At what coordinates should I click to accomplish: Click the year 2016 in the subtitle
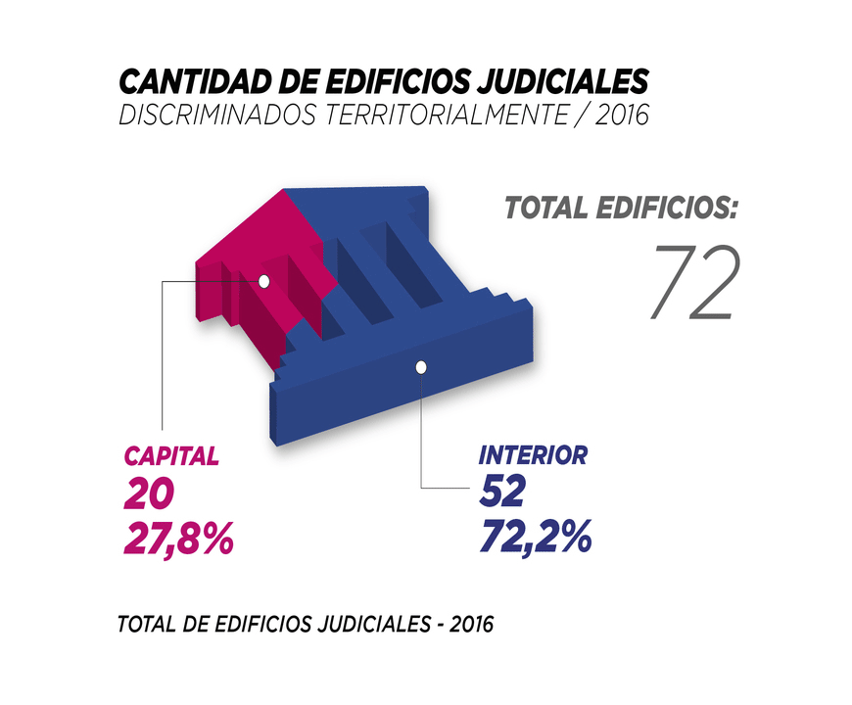pyautogui.click(x=619, y=115)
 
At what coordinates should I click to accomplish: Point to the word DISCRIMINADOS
pyautogui.click(x=217, y=115)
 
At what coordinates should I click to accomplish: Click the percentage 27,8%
pyautogui.click(x=179, y=538)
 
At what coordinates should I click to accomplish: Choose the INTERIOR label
pyautogui.click(x=533, y=455)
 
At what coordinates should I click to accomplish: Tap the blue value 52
pyautogui.click(x=502, y=493)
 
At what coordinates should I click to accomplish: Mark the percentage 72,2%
pyautogui.click(x=536, y=537)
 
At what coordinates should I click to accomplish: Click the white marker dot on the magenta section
pyautogui.click(x=263, y=281)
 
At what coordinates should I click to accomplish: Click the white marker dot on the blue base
pyautogui.click(x=421, y=367)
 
